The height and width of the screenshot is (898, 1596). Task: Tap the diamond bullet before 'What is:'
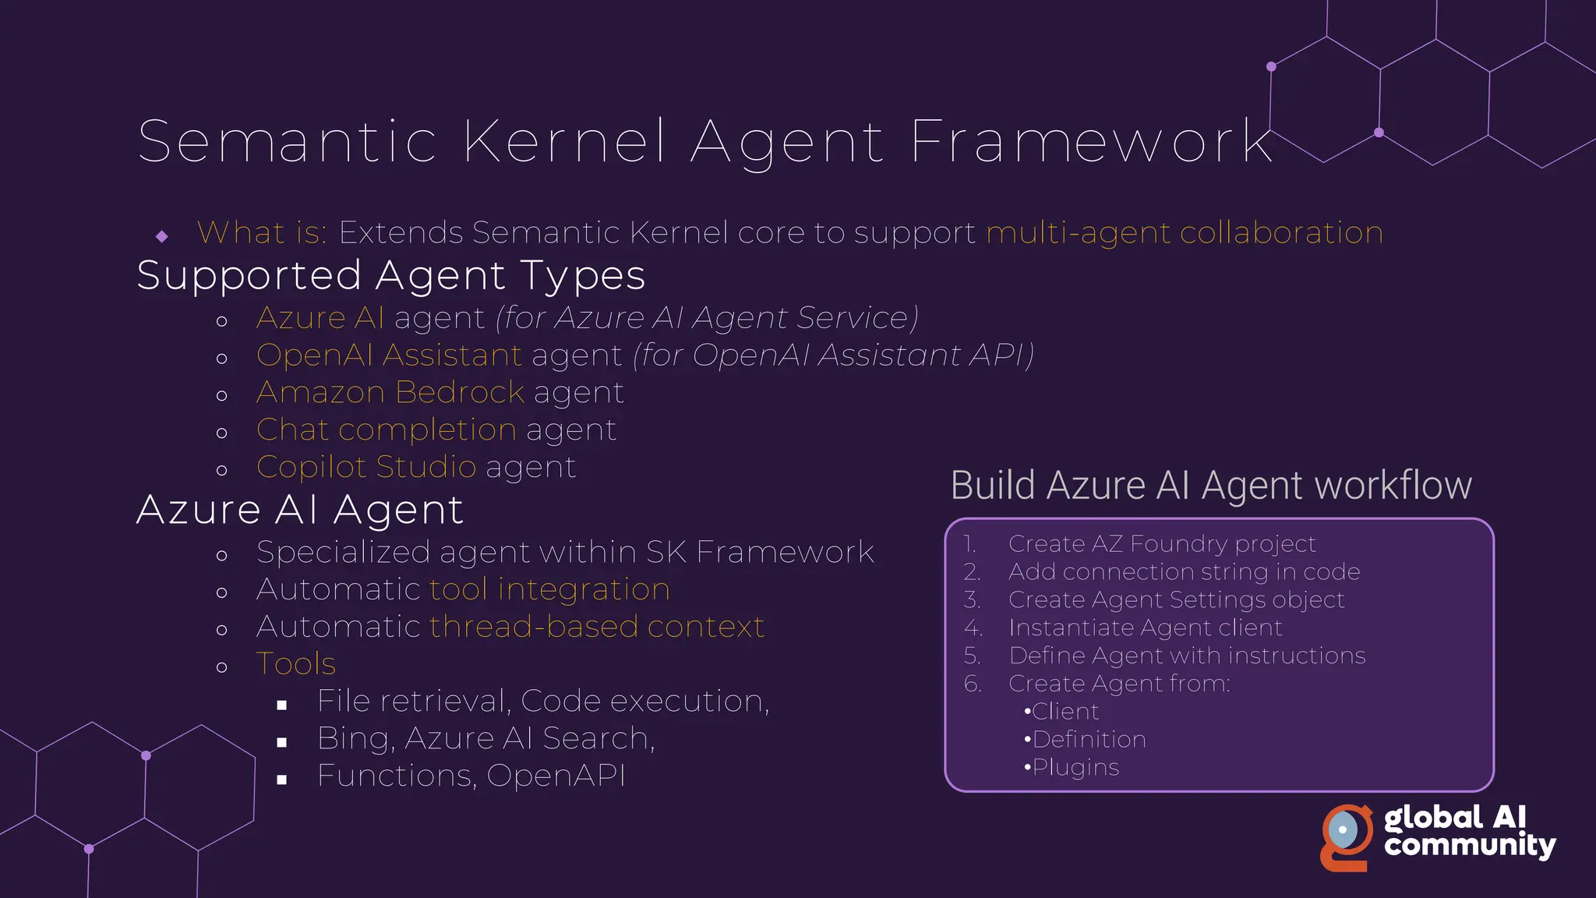click(x=162, y=235)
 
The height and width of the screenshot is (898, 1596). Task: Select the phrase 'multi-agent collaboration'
click(x=1185, y=233)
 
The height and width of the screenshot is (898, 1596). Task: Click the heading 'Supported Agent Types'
click(x=391, y=276)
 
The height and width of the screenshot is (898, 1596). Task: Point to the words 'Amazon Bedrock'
click(x=390, y=392)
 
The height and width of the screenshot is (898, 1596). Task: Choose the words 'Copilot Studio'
click(x=366, y=467)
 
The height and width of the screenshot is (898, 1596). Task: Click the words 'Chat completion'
click(x=387, y=430)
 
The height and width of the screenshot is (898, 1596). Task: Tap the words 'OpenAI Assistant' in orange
click(x=389, y=355)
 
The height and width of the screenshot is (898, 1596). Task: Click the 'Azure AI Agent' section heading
click(x=300, y=511)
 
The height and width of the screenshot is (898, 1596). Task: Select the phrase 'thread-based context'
click(x=597, y=627)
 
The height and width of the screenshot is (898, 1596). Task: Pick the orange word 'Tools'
click(x=296, y=664)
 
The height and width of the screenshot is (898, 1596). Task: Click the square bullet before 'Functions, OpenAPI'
click(x=282, y=780)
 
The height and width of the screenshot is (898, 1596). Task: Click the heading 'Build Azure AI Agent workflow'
click(x=1211, y=486)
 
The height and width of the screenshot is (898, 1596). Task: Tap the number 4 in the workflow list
click(x=973, y=628)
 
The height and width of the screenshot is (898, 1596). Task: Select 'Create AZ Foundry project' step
click(x=1161, y=543)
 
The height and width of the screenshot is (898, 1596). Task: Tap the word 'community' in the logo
click(x=1470, y=846)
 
